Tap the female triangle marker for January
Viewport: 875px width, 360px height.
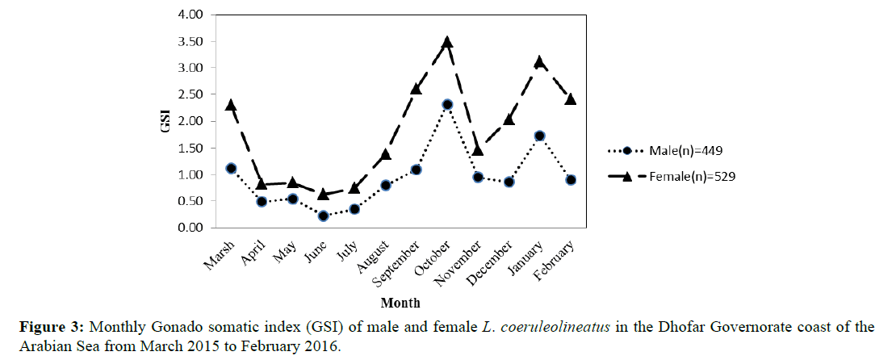tap(539, 62)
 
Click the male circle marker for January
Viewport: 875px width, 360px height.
tap(539, 136)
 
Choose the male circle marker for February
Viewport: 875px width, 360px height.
tap(570, 180)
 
